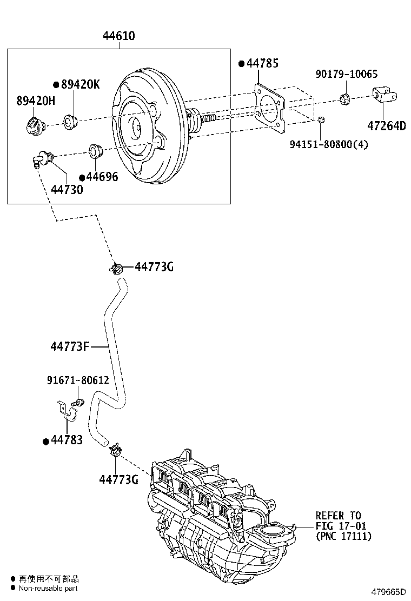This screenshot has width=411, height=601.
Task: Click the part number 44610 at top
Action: [x=119, y=36]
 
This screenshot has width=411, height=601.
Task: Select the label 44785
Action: [x=262, y=64]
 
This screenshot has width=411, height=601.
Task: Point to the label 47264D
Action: [x=386, y=126]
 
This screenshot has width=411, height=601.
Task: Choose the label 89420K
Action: [x=80, y=84]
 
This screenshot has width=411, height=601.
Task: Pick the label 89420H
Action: [x=36, y=101]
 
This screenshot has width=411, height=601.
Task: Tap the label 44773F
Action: [x=70, y=346]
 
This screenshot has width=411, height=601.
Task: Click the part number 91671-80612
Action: [x=78, y=380]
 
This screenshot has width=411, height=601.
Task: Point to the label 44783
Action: [x=66, y=440]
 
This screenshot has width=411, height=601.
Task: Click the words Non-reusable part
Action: [x=49, y=588]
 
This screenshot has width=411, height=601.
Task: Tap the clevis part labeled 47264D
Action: [x=385, y=97]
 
